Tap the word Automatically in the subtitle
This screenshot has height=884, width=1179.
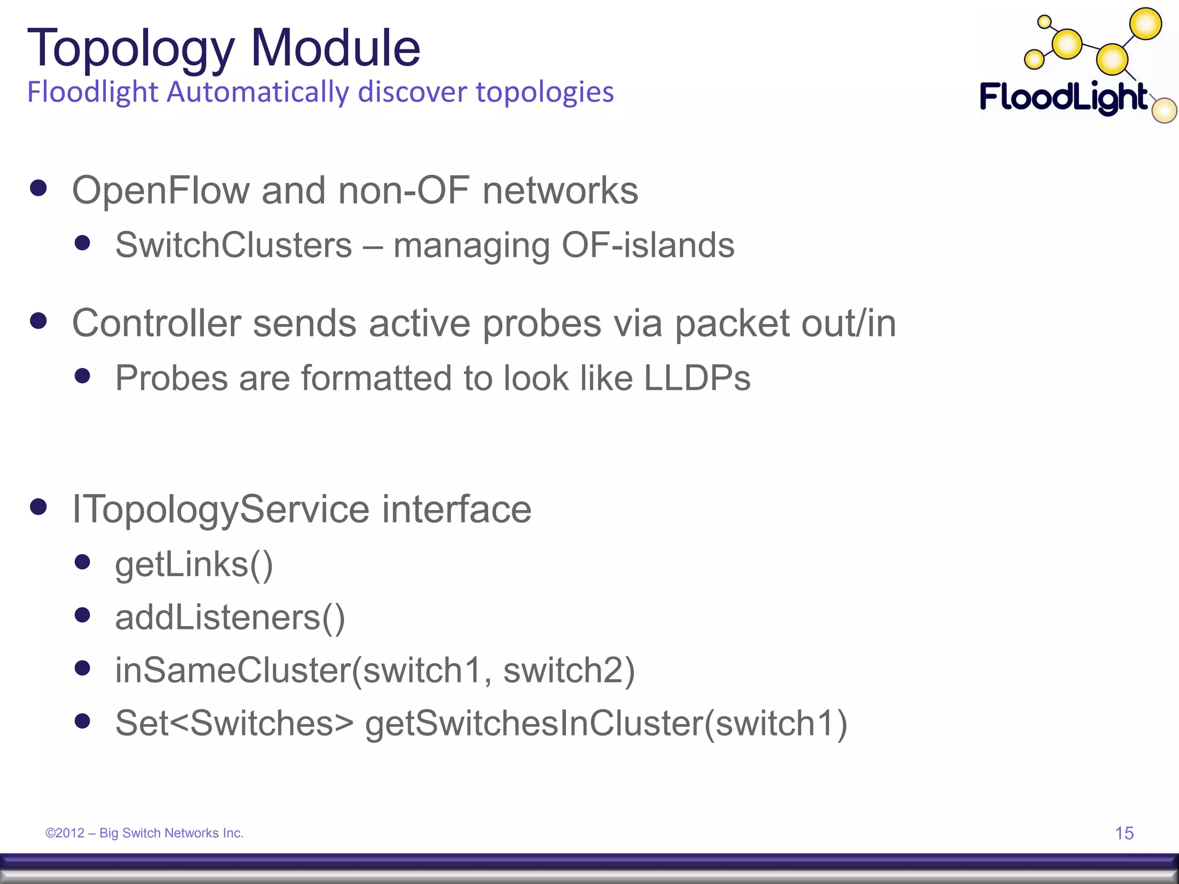257,92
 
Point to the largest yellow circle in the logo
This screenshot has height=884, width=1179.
1146,24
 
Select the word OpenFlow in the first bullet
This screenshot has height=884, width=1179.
161,190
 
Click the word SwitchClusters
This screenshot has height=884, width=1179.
233,245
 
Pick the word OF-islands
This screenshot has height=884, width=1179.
648,245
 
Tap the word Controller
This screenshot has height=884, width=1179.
156,323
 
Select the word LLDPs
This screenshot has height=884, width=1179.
697,378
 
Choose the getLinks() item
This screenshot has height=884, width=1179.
194,565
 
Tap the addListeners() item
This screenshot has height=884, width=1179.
230,618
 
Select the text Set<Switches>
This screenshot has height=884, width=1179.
234,723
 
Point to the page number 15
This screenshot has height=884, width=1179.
1124,833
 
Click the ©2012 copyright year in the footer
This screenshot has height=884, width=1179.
65,833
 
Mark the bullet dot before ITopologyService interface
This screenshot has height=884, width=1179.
39,507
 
